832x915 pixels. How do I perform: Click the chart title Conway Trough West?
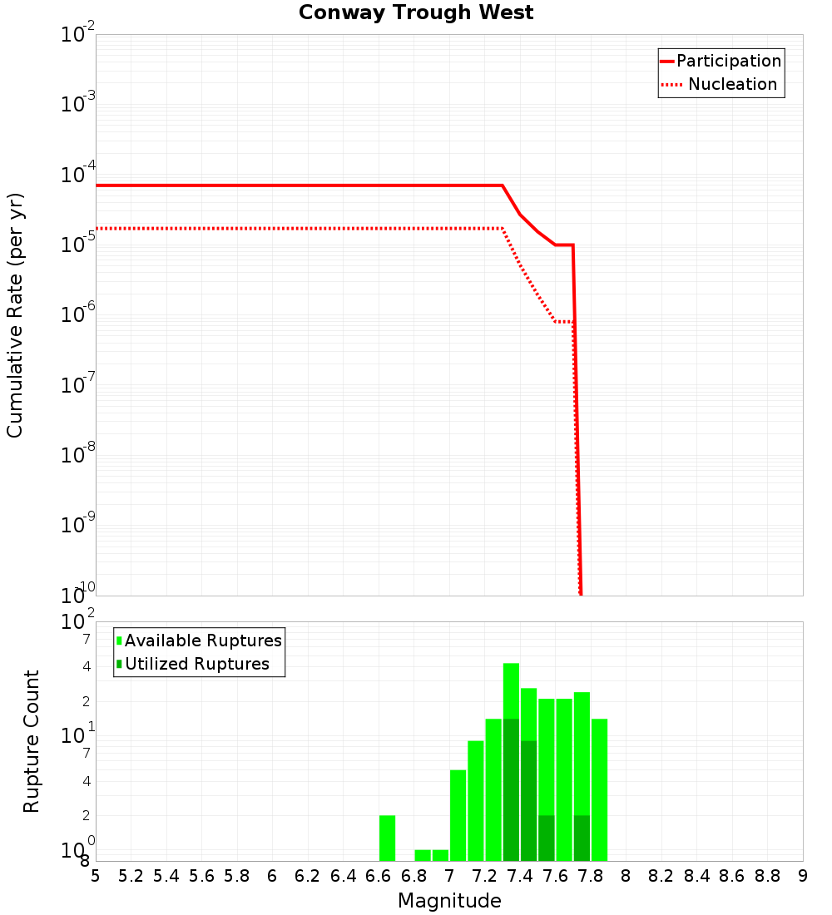tap(416, 12)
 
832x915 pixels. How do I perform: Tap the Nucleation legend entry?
tap(732, 84)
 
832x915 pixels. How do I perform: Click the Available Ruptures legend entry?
tap(203, 640)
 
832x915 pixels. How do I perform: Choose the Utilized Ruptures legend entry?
tap(196, 664)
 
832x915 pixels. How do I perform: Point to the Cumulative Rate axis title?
tap(15, 314)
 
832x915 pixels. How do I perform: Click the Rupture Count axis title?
tap(32, 740)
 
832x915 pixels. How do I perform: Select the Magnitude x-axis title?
tap(449, 901)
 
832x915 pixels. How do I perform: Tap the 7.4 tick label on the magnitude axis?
tap(520, 876)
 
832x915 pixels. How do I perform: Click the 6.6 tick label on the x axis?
tap(379, 876)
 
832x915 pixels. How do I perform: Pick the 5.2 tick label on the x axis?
tap(131, 876)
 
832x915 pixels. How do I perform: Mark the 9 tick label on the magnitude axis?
tap(803, 876)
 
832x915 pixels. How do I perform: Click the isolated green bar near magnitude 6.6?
tap(387, 838)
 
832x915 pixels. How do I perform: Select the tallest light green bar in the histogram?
tap(511, 690)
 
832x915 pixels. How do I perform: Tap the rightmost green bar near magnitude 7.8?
tap(599, 790)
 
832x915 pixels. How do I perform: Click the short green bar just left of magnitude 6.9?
tap(423, 855)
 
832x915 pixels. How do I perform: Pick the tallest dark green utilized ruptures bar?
tap(511, 790)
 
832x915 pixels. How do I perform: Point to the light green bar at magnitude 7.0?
tap(458, 815)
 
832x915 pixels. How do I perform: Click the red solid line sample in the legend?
tap(667, 61)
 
